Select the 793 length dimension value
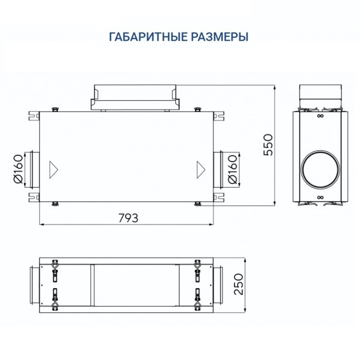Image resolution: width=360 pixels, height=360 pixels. coord(128,218)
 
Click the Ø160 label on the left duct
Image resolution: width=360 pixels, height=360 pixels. coord(17,169)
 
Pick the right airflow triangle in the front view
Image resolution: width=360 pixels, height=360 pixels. coord(200,168)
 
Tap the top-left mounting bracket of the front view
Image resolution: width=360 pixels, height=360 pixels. coord(34,114)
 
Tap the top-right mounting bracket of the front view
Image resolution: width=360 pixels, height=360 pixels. coord(220,114)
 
